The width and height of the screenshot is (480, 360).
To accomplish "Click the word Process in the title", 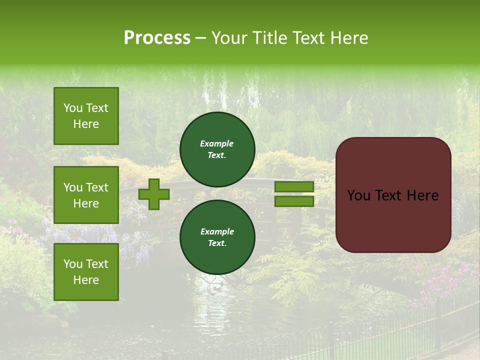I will (157, 37).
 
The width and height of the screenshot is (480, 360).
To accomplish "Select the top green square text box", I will (86, 116).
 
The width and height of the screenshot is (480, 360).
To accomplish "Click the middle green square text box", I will (86, 195).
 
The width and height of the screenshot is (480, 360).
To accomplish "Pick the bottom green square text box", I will (86, 272).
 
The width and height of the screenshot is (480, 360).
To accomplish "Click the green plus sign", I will (154, 194).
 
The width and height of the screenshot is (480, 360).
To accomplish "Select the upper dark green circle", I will (217, 149).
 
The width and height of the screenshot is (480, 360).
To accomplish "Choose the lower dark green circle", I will (217, 237).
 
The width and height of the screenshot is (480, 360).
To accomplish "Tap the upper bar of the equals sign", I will (294, 187).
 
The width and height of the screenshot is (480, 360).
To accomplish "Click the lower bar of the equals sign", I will (294, 201).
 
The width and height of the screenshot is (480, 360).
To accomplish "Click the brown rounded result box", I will (393, 195).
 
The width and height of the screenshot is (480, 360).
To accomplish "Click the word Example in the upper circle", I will (217, 143).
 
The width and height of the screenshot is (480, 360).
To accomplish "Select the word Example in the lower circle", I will (217, 231).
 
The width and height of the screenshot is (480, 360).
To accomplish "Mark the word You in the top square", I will (73, 108).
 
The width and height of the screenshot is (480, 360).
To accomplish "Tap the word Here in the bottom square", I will (86, 280).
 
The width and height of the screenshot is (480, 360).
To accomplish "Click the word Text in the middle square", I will (97, 187).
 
